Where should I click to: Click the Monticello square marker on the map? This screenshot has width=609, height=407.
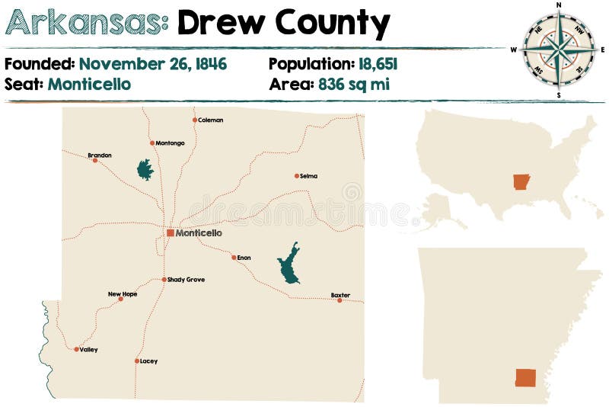pyautogui.click(x=170, y=233)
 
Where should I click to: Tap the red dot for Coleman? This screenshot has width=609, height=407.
pyautogui.click(x=195, y=120)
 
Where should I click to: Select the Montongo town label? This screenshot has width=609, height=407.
pyautogui.click(x=170, y=143)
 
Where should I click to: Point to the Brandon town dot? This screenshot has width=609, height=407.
pyautogui.click(x=95, y=160)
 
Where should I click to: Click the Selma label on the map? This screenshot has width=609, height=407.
pyautogui.click(x=308, y=176)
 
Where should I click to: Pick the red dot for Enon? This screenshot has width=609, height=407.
pyautogui.click(x=234, y=258)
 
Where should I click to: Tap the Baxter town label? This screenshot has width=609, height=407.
pyautogui.click(x=340, y=294)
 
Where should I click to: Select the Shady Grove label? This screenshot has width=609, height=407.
pyautogui.click(x=186, y=280)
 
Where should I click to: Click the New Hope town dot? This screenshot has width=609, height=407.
pyautogui.click(x=120, y=300)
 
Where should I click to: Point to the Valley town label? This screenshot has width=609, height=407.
pyautogui.click(x=88, y=350)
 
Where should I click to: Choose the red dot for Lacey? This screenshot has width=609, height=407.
pyautogui.click(x=137, y=361)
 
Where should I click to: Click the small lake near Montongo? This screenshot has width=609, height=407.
pyautogui.click(x=145, y=169)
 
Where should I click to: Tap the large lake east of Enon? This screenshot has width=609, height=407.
pyautogui.click(x=289, y=264)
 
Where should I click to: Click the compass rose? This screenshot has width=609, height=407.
pyautogui.click(x=559, y=50)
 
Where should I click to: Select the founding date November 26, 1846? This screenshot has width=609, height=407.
pyautogui.click(x=152, y=64)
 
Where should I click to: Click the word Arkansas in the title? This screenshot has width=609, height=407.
pyautogui.click(x=86, y=24)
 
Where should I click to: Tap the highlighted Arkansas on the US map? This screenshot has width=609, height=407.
pyautogui.click(x=521, y=182)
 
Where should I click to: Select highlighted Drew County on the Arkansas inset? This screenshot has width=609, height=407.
pyautogui.click(x=525, y=378)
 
